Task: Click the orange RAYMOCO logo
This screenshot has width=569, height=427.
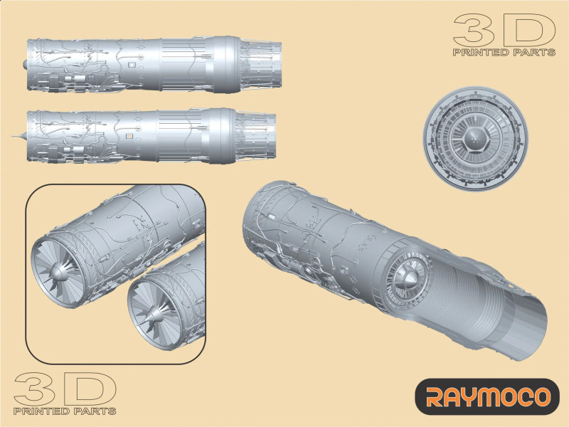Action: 487,396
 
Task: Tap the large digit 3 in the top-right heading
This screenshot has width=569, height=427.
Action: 474,31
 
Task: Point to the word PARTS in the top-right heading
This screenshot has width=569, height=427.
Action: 534,53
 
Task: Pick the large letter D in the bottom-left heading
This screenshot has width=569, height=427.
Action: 88,389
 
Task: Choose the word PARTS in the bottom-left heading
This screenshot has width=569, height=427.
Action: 95,411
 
